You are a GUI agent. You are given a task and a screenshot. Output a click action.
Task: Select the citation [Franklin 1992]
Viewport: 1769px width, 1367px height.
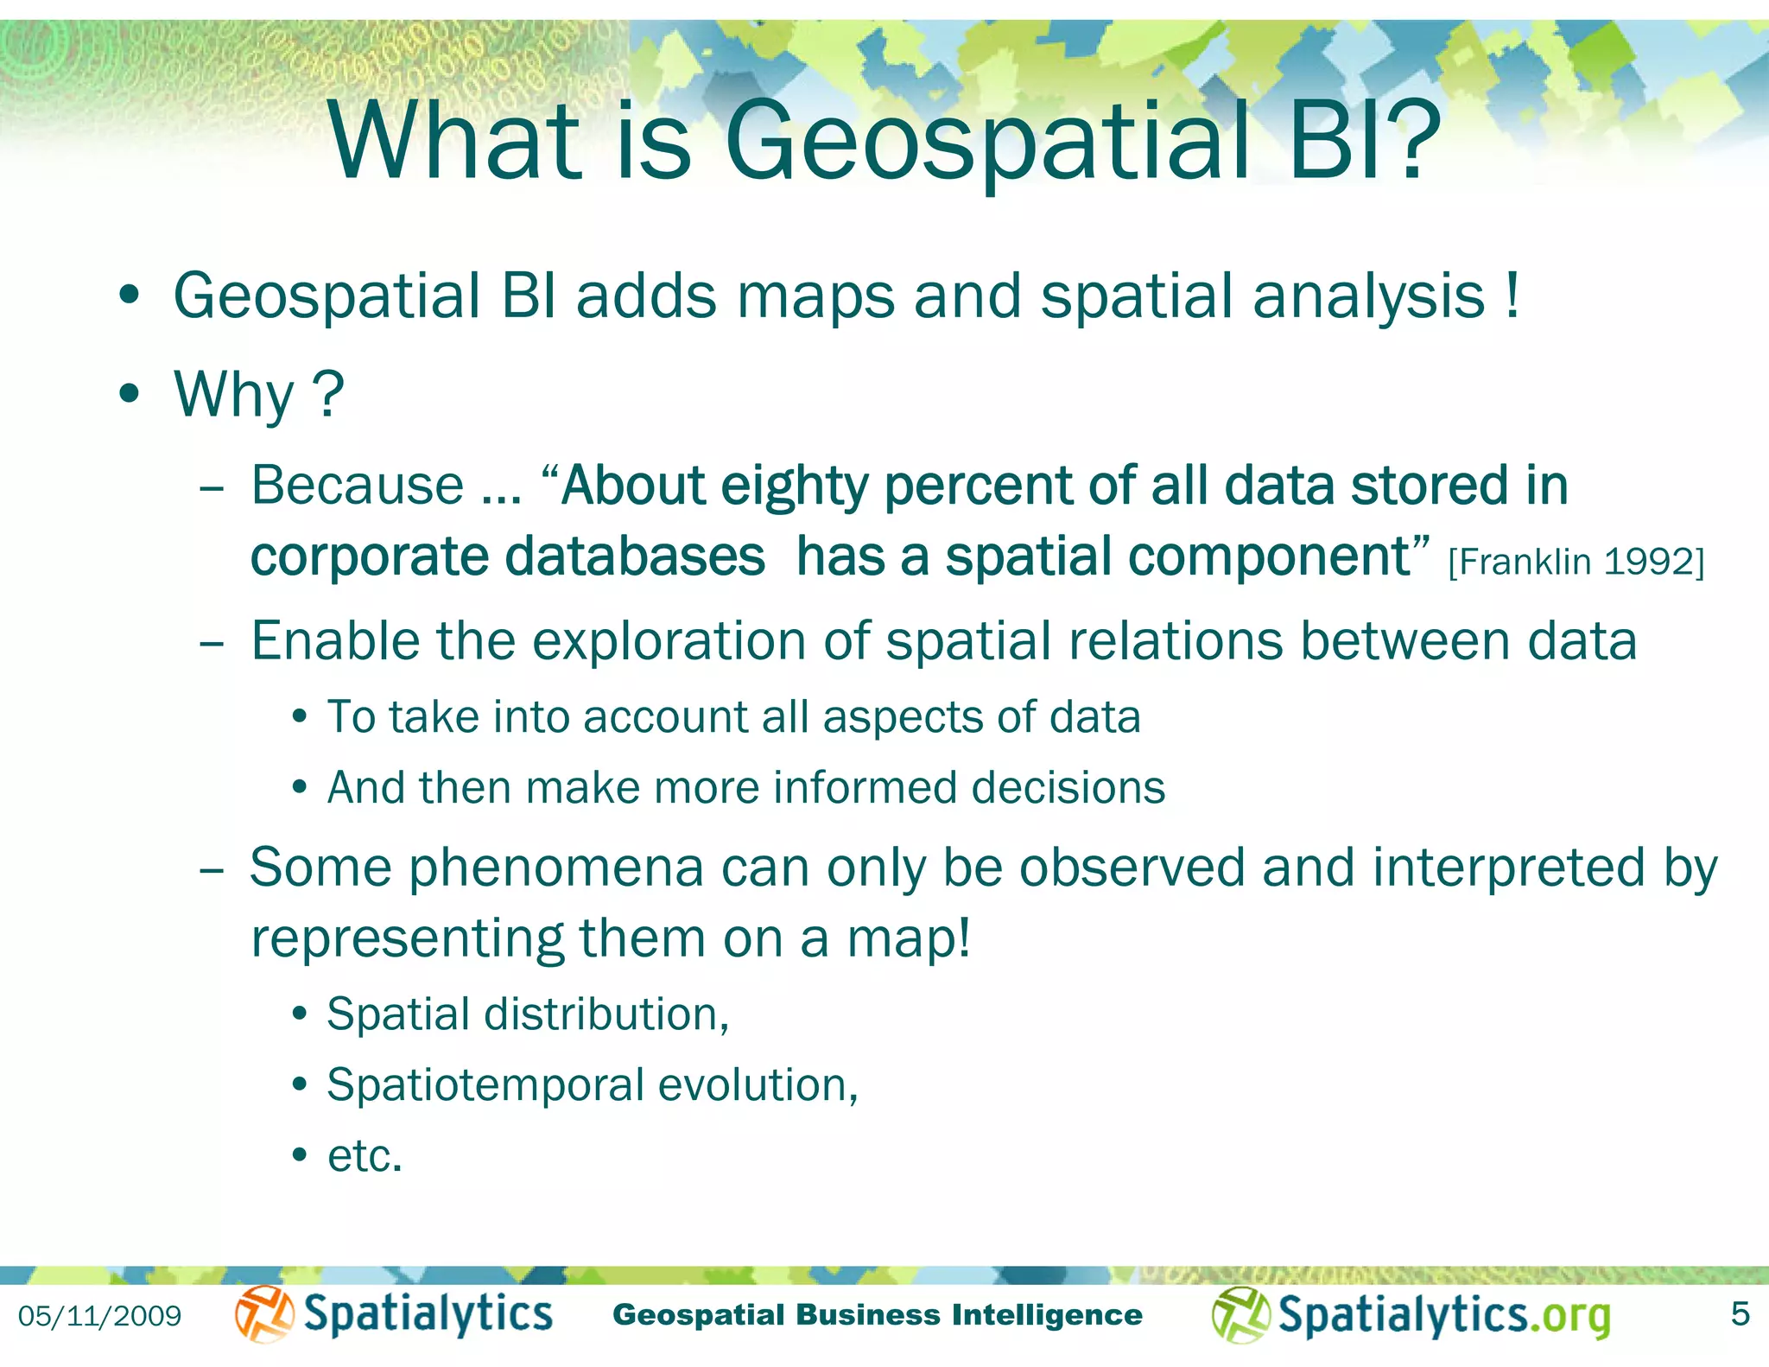pyautogui.click(x=1576, y=563)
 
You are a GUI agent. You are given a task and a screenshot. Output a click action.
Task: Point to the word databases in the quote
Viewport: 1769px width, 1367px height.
pyautogui.click(x=635, y=556)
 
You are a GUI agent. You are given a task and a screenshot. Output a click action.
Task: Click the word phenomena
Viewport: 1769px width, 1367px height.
pyautogui.click(x=556, y=868)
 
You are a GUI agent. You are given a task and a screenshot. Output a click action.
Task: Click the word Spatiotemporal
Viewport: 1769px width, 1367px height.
pyautogui.click(x=485, y=1085)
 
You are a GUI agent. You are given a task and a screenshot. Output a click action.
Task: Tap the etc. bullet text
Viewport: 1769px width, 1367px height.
pyautogui.click(x=365, y=1156)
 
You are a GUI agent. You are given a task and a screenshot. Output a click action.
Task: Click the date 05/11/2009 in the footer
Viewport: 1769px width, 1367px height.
pyautogui.click(x=100, y=1317)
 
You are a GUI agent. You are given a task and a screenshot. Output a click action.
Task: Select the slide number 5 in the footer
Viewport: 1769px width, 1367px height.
pyautogui.click(x=1740, y=1314)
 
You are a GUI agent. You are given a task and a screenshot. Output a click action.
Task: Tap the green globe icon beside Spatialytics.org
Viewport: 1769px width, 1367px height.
pyautogui.click(x=1240, y=1315)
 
